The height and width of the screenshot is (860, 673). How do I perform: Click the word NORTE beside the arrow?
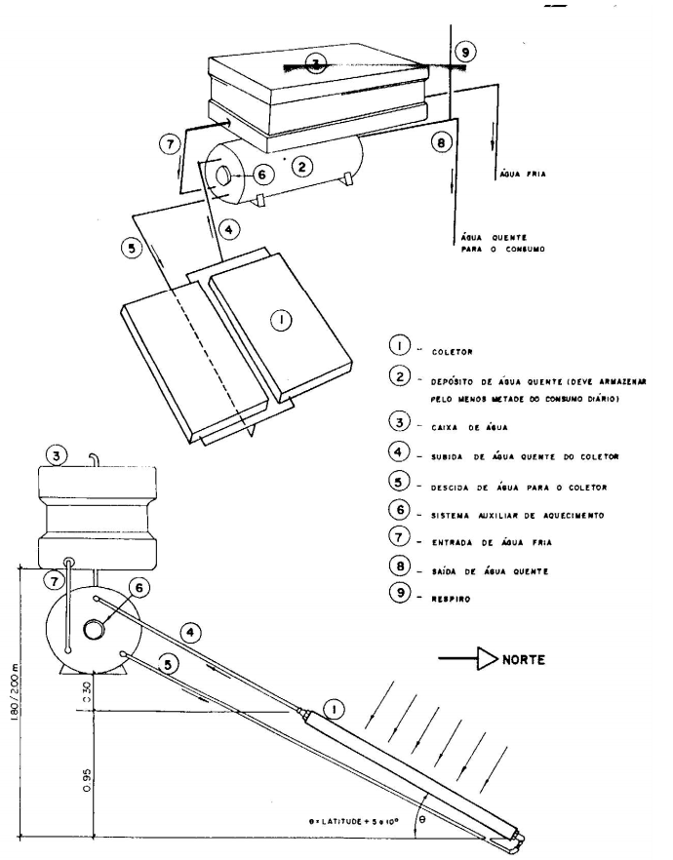(524, 659)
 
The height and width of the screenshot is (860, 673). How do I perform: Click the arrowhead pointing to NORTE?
(487, 659)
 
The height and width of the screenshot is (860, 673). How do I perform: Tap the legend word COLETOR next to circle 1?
(452, 352)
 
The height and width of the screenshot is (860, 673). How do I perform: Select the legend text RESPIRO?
(451, 600)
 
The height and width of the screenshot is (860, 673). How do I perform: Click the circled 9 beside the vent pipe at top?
(465, 52)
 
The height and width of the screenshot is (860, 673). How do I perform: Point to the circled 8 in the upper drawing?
(441, 142)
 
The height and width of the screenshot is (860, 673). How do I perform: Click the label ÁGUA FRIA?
(523, 175)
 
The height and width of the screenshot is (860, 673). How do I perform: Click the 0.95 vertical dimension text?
(87, 780)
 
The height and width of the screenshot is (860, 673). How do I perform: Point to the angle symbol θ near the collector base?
(421, 820)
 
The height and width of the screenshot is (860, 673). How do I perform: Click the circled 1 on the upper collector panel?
(281, 320)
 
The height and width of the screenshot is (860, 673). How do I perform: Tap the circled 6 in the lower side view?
(139, 589)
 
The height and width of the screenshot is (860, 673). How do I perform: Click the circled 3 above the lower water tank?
(57, 455)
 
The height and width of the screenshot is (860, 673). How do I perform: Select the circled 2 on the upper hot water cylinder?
(301, 166)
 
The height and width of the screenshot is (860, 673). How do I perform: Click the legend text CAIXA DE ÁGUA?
(469, 428)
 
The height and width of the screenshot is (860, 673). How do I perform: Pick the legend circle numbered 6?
(399, 510)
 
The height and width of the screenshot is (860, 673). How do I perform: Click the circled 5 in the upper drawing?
(132, 249)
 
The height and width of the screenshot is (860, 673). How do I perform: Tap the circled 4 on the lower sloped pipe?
(190, 633)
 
